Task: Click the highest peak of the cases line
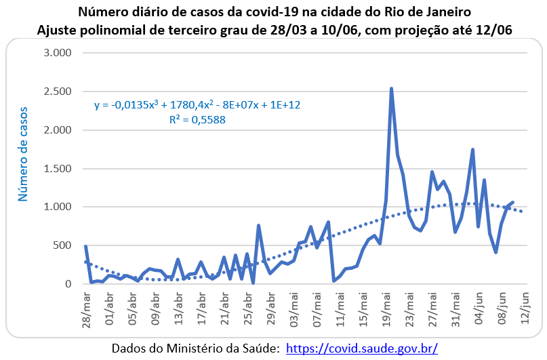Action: click(x=392, y=89)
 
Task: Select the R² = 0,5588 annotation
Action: click(x=197, y=119)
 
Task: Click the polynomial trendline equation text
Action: click(x=197, y=105)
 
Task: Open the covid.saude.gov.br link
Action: click(x=362, y=348)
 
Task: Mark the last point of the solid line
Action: click(x=513, y=202)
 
